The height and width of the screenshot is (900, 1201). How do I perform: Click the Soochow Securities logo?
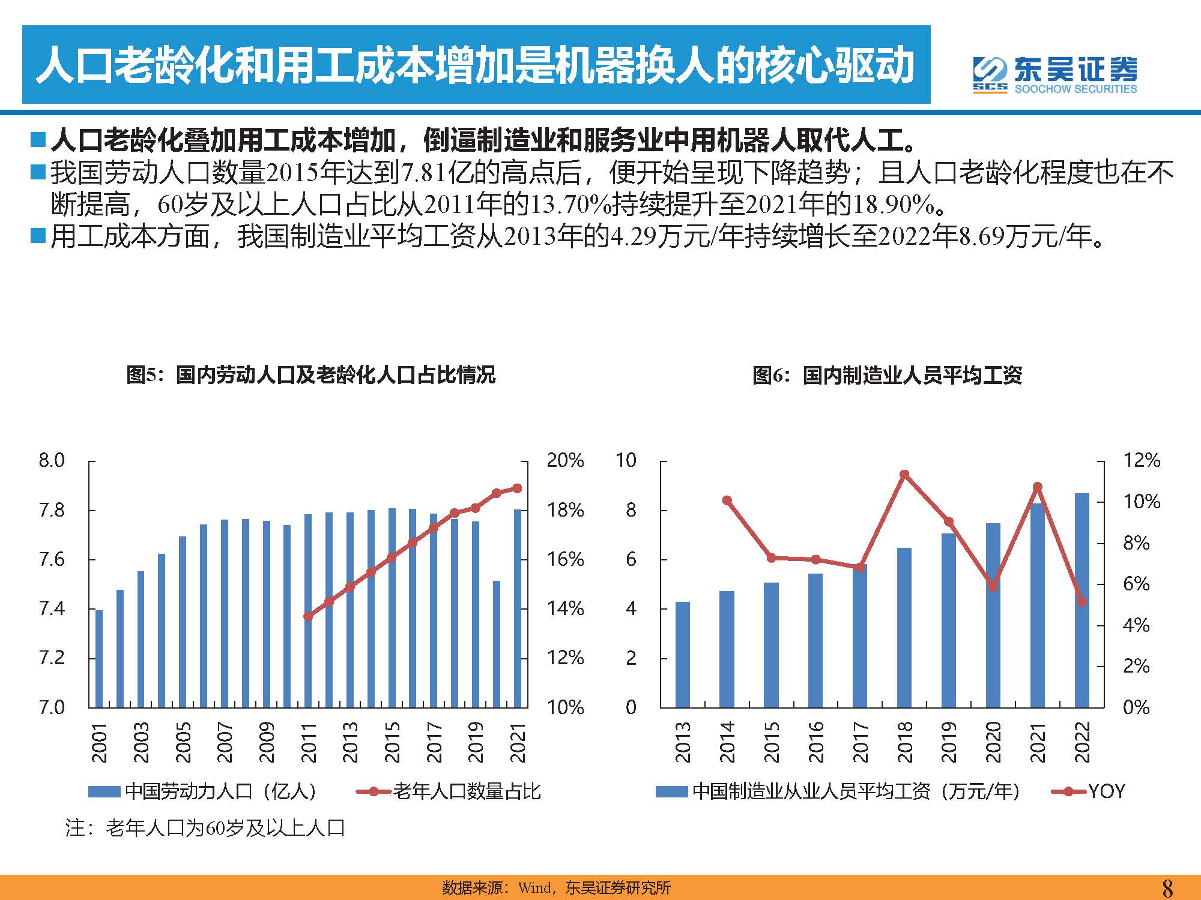point(1054,75)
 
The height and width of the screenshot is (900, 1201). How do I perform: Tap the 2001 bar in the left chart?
point(99,658)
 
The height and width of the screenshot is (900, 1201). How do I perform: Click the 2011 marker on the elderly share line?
point(308,616)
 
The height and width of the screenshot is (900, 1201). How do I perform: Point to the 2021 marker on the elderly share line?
point(518,488)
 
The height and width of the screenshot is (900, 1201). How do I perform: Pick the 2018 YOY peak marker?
point(904,475)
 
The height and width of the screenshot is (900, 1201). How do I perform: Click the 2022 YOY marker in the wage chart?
point(1082,601)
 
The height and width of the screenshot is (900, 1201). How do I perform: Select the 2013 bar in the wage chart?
point(683,654)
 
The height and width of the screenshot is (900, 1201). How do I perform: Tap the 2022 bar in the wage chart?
point(1082,600)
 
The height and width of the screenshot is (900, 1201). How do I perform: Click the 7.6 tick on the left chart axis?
point(52,560)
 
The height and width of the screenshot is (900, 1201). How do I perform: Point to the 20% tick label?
point(564,461)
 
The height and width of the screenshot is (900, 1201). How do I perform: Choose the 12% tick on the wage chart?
point(1142,461)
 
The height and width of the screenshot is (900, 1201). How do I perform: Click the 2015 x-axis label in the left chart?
point(392,742)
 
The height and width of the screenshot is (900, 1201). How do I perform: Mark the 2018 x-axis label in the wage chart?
point(904,742)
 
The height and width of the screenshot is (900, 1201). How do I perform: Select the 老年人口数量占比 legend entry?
point(449,791)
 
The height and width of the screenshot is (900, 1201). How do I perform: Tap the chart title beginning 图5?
point(311,375)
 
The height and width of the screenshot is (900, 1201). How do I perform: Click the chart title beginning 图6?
point(887,376)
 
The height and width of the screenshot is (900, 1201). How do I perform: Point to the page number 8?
point(1167,887)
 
